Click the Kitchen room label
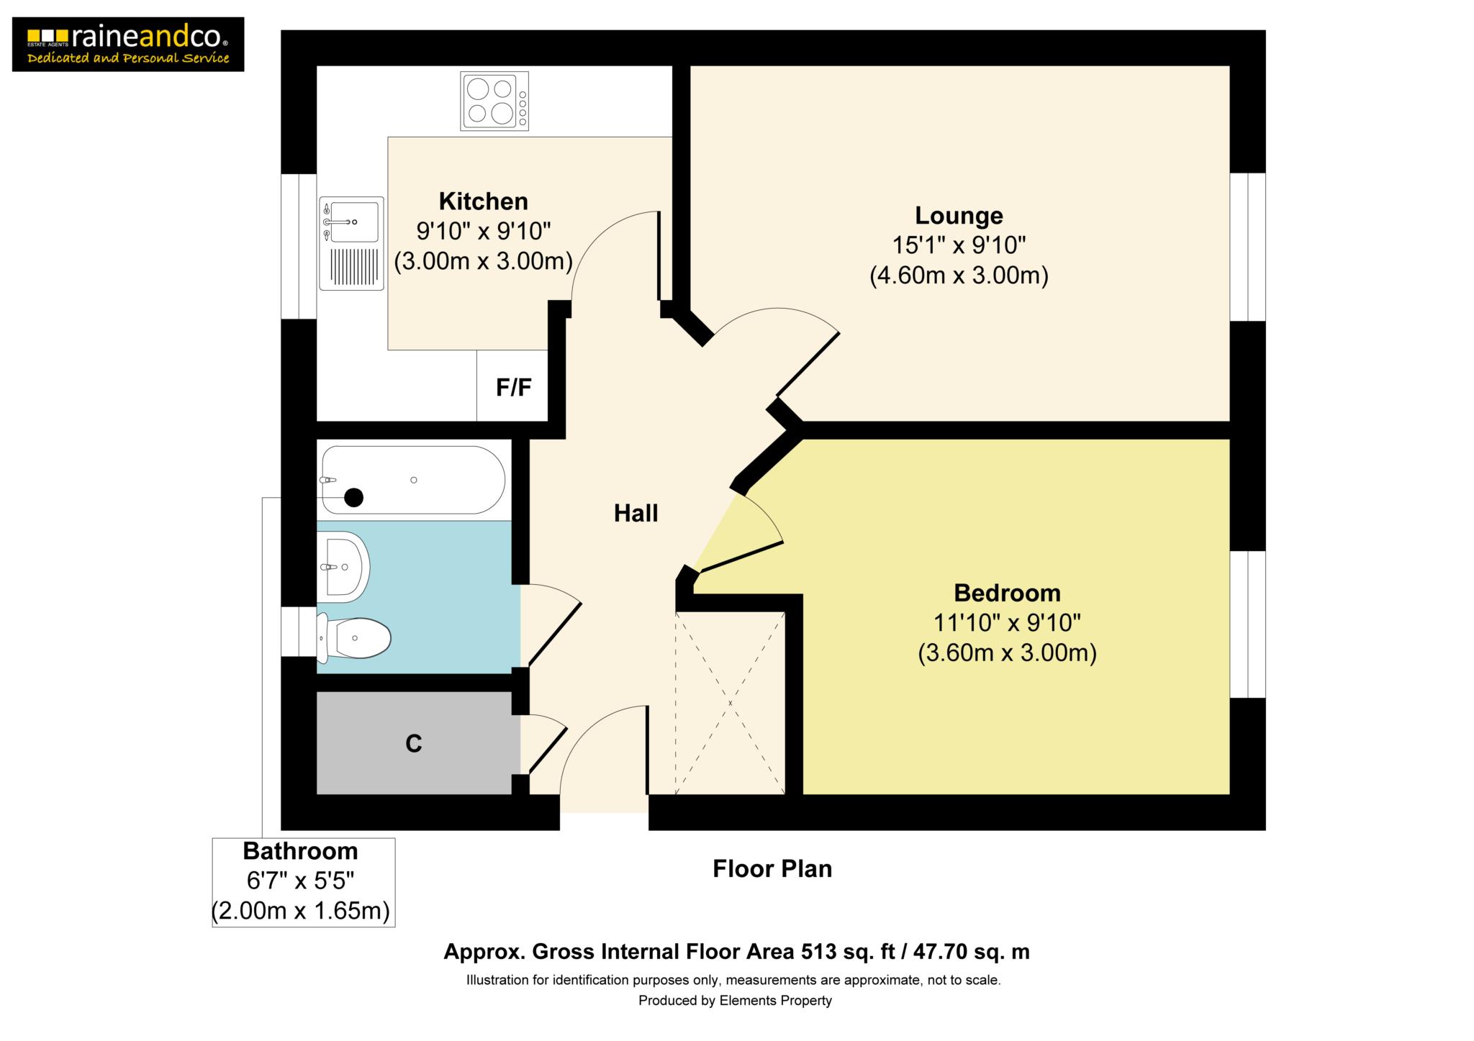coord(483,201)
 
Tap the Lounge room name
coord(959,215)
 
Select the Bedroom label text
coord(1007,593)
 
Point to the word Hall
coord(636,513)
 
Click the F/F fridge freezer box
coord(512,386)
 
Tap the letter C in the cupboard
coord(413,743)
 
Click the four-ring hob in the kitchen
coord(494,101)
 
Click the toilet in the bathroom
coord(353,637)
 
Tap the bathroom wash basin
coord(343,567)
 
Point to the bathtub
coord(413,480)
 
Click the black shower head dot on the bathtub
coord(353,497)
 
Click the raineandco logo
coord(128,45)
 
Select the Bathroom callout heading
coord(300,851)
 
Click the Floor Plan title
coord(772,868)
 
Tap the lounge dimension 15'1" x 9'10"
coord(959,245)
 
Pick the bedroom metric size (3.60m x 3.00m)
coord(1007,653)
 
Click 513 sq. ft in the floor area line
coord(849,952)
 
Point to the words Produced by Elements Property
coord(735,1001)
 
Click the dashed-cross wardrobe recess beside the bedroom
coord(730,703)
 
